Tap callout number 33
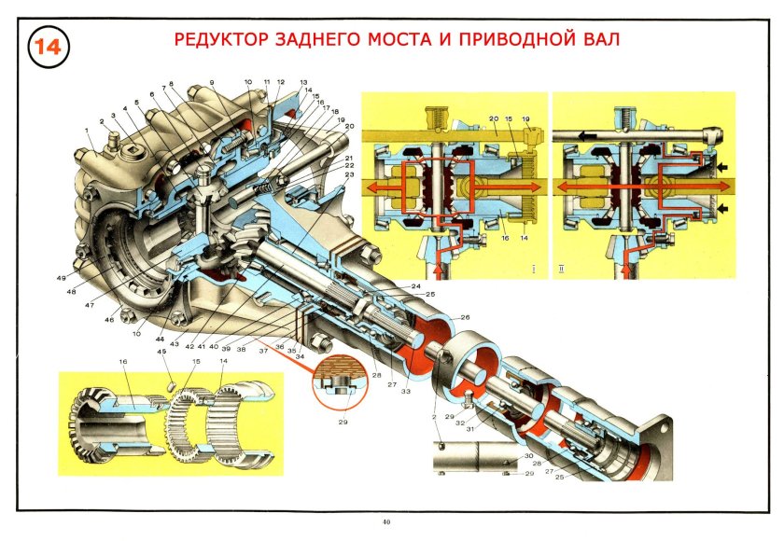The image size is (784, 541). coord(404,391)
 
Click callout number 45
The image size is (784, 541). coord(162,353)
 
